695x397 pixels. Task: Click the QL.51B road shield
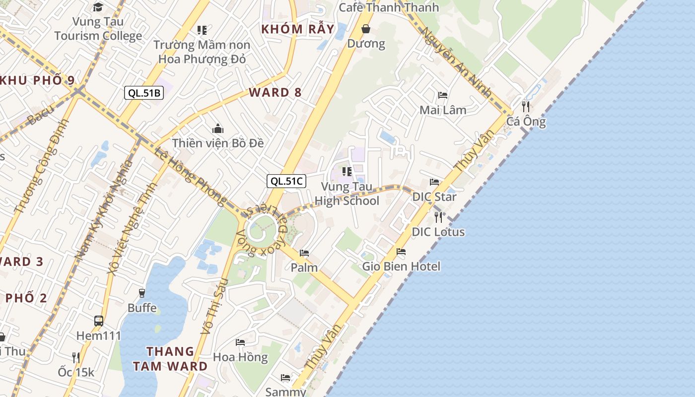point(143,93)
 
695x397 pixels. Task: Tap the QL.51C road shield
point(286,181)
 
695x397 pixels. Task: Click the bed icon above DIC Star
point(434,182)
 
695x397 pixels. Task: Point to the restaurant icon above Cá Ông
point(525,106)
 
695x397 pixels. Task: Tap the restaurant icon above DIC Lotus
point(438,217)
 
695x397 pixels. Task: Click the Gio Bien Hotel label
point(401,266)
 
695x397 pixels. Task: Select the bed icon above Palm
point(304,253)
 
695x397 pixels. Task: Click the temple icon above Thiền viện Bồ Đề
point(217,129)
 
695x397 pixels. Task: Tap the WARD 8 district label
point(275,92)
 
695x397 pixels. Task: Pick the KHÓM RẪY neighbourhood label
point(298,29)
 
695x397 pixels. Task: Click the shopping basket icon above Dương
point(366,29)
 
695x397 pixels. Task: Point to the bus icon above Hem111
point(99,321)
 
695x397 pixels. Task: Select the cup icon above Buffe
point(142,293)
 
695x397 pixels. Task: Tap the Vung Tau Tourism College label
point(98,29)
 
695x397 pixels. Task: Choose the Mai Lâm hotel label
point(443,110)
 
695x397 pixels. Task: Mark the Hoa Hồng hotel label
point(240,357)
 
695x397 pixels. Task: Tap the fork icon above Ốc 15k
point(75,357)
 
